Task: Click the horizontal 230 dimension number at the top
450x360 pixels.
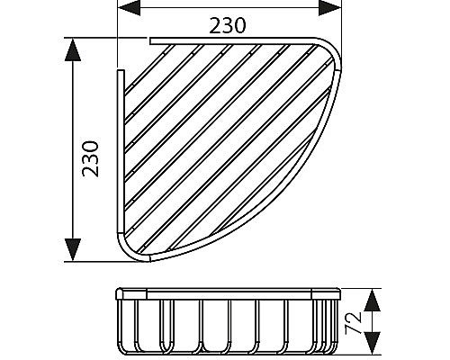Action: click(x=228, y=25)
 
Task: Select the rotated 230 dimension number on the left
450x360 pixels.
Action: click(x=91, y=158)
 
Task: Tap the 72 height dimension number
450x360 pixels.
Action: click(x=353, y=323)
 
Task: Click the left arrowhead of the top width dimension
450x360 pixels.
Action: click(x=129, y=7)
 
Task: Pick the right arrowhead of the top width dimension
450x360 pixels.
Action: click(x=329, y=7)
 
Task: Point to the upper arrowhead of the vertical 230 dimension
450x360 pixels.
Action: click(x=73, y=49)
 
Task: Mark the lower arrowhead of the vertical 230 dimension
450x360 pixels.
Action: click(x=73, y=249)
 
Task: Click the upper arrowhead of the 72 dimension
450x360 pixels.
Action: click(x=372, y=300)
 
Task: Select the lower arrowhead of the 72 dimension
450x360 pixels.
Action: click(x=372, y=343)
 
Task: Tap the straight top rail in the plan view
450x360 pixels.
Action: click(x=231, y=41)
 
